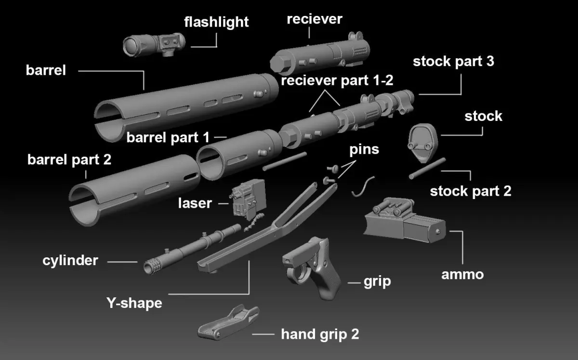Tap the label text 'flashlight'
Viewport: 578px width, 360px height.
[216, 22]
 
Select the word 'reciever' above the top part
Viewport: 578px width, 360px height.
[314, 19]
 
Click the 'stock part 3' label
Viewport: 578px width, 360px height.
[453, 61]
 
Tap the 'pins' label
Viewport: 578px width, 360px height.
[364, 149]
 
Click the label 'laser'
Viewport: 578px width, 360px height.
[195, 203]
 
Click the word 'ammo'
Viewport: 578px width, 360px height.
[462, 274]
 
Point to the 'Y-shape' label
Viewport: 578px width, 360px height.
[134, 304]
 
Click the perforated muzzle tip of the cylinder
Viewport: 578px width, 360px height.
[153, 266]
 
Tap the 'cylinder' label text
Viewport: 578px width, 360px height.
[70, 261]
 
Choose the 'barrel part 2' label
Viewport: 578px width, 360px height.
[69, 160]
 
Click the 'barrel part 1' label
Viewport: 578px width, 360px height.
[168, 137]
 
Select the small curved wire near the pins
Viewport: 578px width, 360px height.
[363, 187]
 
